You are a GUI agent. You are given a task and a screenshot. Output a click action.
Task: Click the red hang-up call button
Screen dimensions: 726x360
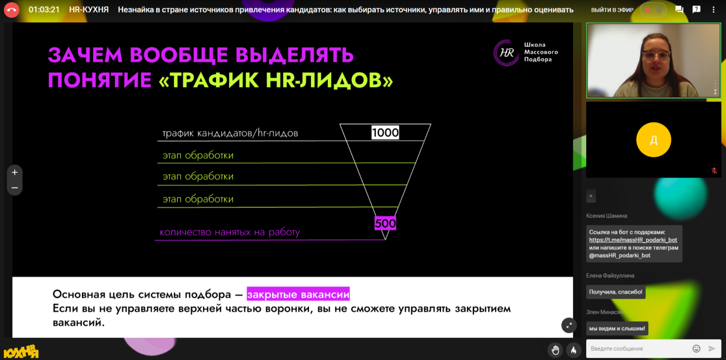[11, 10]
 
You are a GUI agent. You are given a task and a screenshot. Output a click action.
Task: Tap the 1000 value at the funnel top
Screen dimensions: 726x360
[385, 132]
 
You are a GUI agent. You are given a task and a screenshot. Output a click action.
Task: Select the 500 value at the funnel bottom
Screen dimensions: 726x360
[385, 223]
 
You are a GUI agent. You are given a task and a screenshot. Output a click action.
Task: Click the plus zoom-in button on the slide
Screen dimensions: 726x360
[15, 172]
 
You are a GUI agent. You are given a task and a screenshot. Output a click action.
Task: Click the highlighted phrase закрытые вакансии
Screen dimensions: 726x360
[298, 294]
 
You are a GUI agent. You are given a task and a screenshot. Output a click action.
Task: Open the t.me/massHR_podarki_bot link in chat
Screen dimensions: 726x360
[633, 240]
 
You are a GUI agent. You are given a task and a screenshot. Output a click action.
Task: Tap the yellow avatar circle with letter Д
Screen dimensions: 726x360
[654, 140]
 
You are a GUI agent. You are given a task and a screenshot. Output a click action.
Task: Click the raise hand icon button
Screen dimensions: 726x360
[555, 350]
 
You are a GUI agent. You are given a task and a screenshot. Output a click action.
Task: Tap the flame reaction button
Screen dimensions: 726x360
[573, 350]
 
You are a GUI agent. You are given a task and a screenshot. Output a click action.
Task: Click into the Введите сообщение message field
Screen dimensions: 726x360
[637, 349]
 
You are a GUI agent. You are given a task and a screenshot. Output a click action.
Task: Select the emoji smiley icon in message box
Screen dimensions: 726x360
[696, 349]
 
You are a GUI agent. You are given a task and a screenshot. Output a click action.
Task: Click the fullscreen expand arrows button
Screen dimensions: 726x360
[569, 325]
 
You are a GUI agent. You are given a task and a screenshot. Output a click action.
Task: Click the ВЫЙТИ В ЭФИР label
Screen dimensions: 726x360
[612, 10]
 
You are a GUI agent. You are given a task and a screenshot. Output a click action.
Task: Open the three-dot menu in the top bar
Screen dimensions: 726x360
[713, 10]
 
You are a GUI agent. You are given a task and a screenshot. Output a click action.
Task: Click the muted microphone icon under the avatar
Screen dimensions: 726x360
[714, 171]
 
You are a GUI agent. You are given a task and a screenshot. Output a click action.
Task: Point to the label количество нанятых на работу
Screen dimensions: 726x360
[230, 232]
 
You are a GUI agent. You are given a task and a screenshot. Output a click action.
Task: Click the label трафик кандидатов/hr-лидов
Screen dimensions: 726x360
[230, 133]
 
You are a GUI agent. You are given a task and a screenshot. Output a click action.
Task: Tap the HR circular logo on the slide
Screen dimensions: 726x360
[506, 53]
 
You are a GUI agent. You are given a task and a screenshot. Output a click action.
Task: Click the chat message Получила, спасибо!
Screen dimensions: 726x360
[616, 292]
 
